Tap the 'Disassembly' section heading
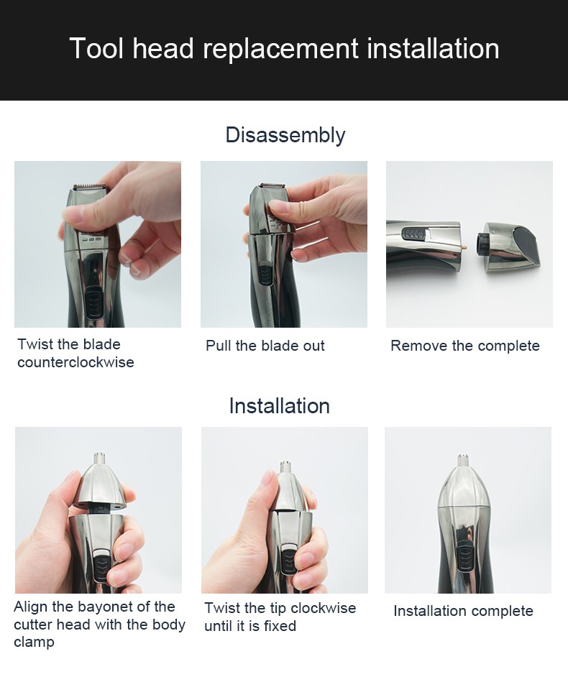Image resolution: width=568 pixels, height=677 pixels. (x=285, y=134)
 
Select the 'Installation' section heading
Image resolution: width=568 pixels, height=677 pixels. (x=279, y=405)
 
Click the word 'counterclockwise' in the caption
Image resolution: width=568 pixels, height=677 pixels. (x=75, y=362)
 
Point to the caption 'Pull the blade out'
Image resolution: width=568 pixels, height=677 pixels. (x=265, y=346)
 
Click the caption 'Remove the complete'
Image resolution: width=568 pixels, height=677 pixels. (x=464, y=346)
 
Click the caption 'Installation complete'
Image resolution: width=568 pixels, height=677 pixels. (x=463, y=611)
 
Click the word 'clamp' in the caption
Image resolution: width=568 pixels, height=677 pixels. (x=34, y=642)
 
